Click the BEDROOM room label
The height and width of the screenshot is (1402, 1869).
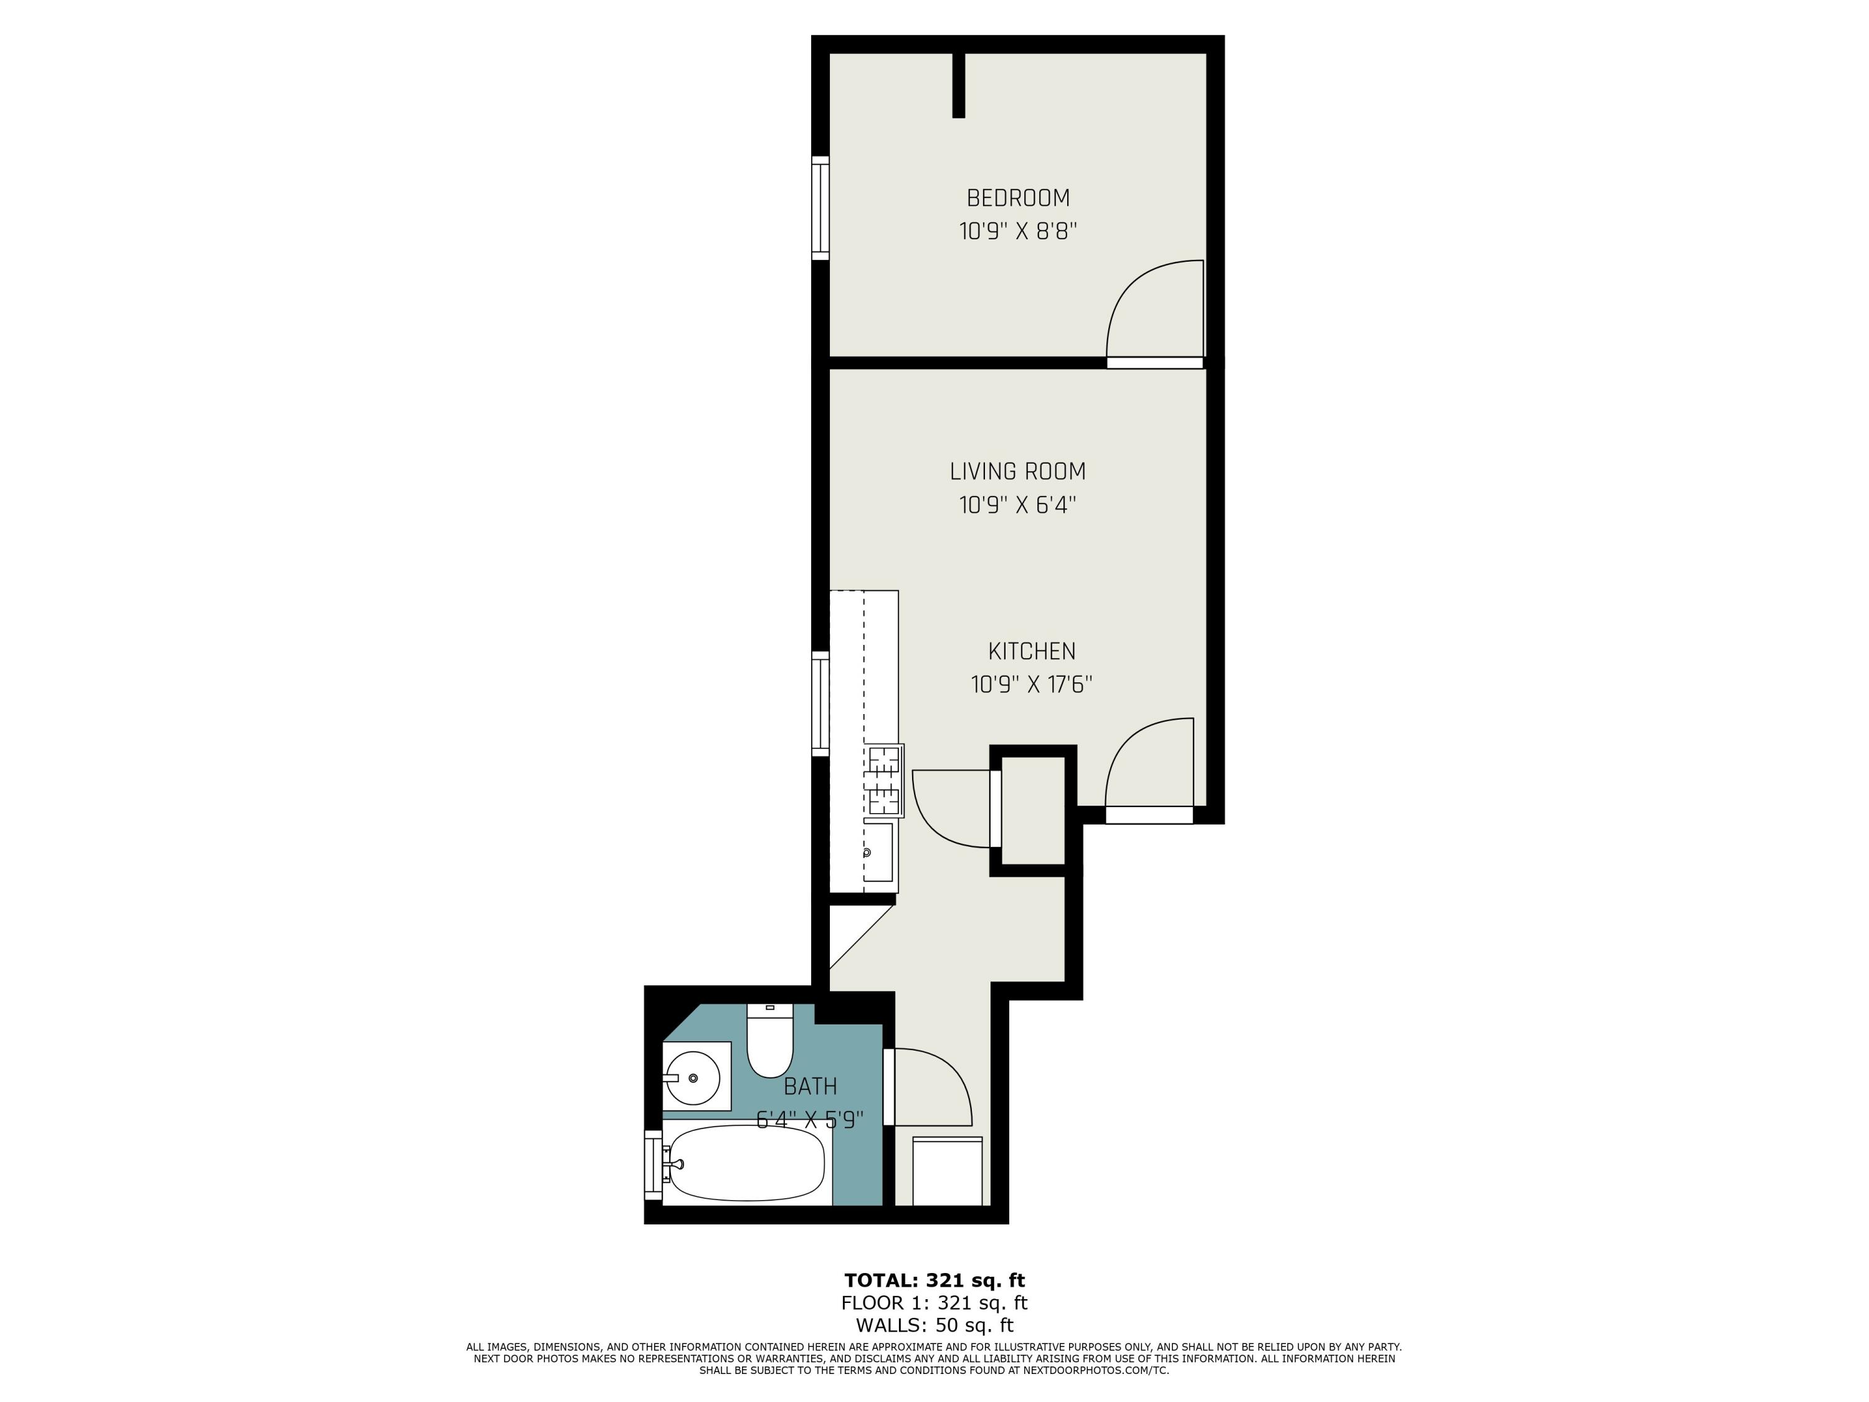[1017, 198]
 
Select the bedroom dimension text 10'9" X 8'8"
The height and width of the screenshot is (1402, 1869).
[1017, 231]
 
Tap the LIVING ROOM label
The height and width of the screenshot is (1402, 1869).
[1017, 472]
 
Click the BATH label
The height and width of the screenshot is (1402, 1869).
[811, 1087]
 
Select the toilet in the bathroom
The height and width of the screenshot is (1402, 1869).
[770, 1044]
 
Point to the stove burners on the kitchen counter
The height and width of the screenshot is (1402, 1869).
[884, 780]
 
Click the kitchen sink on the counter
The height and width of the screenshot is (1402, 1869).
[877, 852]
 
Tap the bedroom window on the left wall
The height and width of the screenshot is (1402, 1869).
[820, 208]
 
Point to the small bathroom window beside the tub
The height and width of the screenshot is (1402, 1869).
[652, 1164]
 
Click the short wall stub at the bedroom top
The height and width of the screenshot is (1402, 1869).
[958, 85]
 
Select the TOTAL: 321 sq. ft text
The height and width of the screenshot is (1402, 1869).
[934, 1279]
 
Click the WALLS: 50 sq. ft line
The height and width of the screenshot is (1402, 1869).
[934, 1325]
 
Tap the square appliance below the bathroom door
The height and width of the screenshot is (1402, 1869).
[947, 1171]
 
